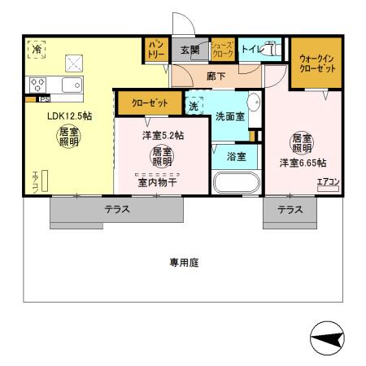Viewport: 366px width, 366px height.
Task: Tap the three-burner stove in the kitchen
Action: pyautogui.click(x=38, y=85)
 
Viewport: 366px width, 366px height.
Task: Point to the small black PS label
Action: pyautogui.click(x=43, y=99)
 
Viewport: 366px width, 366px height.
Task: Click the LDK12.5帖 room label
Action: pyautogui.click(x=68, y=115)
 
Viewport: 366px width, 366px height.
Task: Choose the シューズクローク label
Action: pyautogui.click(x=222, y=51)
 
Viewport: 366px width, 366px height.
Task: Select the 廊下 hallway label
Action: pyautogui.click(x=216, y=76)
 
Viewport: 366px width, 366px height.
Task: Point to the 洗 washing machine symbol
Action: pyautogui.click(x=194, y=105)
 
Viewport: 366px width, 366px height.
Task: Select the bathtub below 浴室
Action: pyautogui.click(x=235, y=181)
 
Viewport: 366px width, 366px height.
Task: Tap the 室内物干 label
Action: pyautogui.click(x=156, y=182)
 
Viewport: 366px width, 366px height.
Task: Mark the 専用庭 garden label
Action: pyautogui.click(x=185, y=263)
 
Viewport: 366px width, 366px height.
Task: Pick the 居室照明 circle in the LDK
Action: pyautogui.click(x=68, y=136)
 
